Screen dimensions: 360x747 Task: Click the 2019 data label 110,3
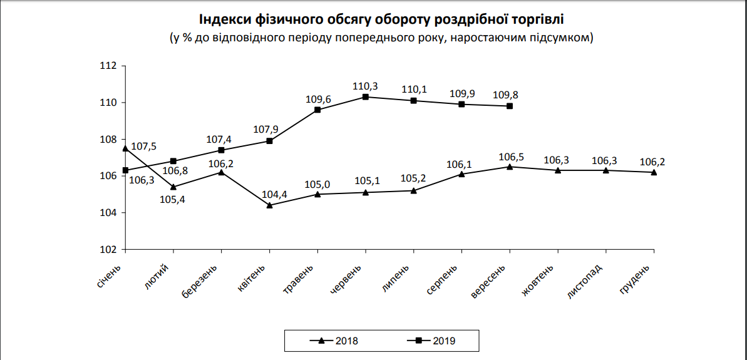366,85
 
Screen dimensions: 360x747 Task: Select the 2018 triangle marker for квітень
269,205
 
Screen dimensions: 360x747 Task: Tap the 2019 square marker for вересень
510,106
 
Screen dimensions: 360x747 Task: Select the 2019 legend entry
435,341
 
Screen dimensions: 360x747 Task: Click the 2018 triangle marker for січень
125,148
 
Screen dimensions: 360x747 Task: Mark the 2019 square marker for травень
317,110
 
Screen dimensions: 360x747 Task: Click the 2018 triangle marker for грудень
654,172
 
